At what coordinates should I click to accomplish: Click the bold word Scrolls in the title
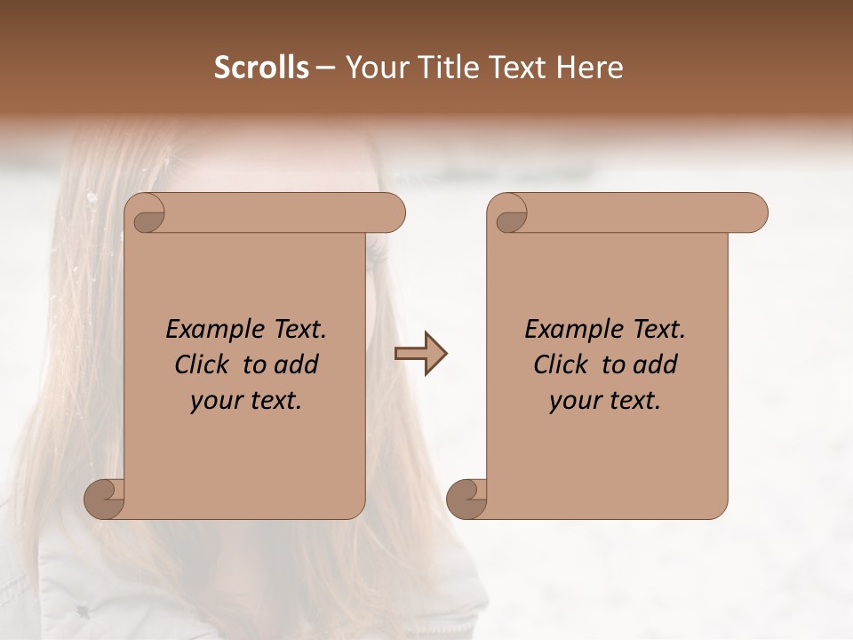click(x=262, y=68)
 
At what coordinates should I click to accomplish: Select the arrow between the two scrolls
click(x=420, y=354)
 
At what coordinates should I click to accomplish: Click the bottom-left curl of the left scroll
click(x=105, y=499)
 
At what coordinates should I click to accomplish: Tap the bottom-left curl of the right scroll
click(x=467, y=499)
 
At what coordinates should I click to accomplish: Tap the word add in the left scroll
click(x=297, y=364)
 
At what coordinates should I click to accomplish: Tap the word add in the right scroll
click(x=656, y=364)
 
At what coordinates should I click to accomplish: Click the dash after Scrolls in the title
click(x=325, y=68)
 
